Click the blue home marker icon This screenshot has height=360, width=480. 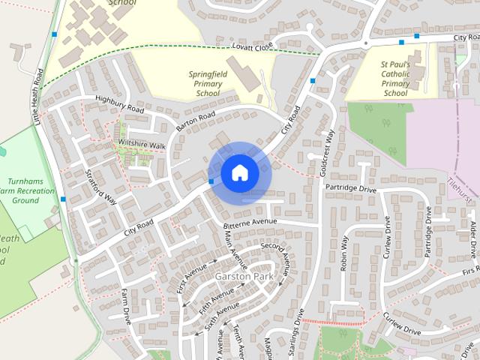tap(239, 172)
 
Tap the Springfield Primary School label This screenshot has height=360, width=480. tap(208, 85)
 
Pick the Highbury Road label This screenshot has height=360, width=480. tap(119, 104)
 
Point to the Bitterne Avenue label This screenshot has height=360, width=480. tap(250, 223)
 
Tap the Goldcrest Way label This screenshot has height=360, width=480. tap(327, 153)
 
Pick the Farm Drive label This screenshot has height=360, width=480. tap(125, 316)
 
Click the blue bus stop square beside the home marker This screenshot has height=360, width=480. tap(211, 181)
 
